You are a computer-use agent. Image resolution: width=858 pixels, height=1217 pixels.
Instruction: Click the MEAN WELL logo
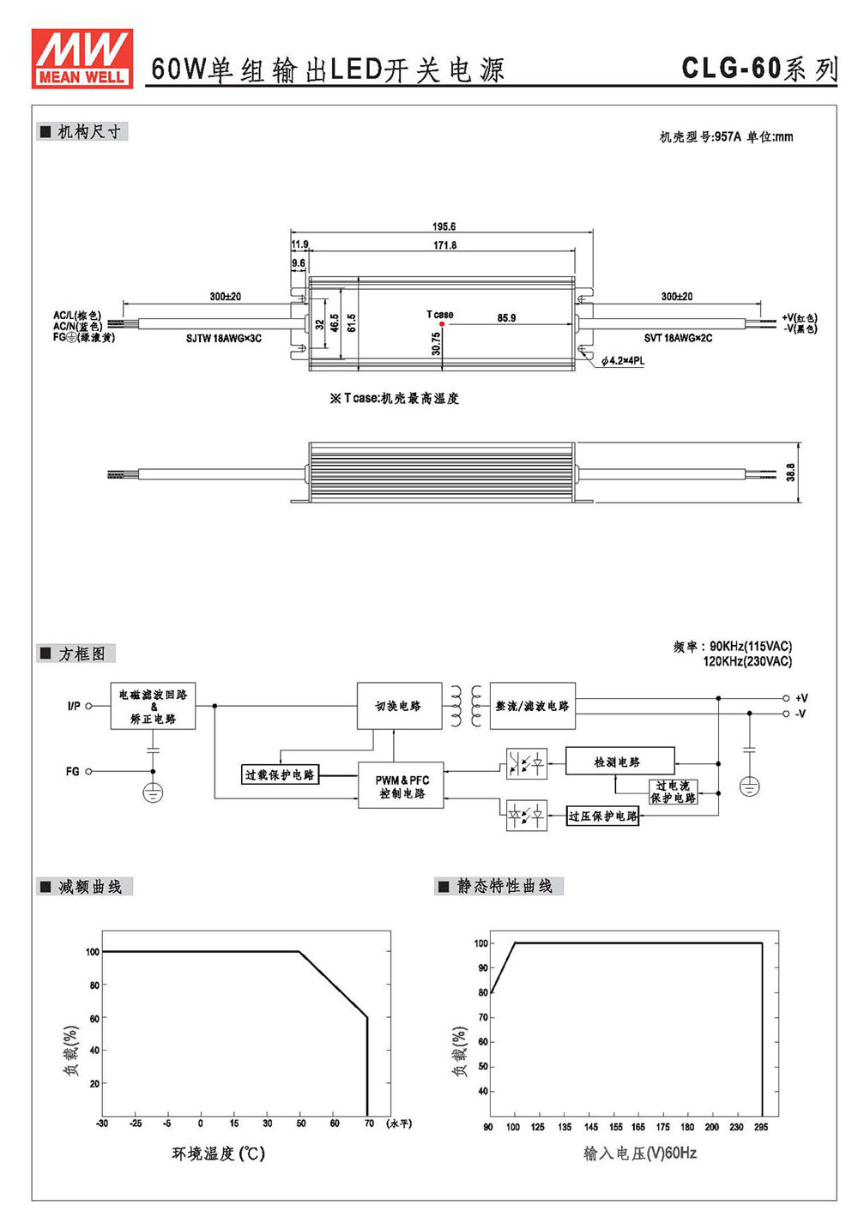tap(82, 58)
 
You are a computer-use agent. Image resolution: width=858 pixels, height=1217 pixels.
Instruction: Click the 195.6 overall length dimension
tap(444, 226)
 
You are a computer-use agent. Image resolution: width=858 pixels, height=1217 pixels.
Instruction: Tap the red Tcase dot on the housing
tap(442, 324)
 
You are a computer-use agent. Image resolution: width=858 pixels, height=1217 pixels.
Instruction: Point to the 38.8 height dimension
tap(789, 472)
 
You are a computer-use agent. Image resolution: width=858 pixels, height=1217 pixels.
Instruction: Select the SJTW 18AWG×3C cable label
tap(223, 338)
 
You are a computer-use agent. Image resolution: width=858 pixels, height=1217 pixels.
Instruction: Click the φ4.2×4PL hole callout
tap(623, 361)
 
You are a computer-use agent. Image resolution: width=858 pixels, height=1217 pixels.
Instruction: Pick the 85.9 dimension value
tap(506, 318)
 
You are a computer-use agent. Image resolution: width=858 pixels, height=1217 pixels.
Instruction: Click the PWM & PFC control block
tap(401, 786)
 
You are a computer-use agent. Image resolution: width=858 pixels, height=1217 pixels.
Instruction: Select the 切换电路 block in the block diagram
tap(399, 706)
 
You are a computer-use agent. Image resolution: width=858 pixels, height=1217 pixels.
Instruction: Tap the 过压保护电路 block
tap(602, 816)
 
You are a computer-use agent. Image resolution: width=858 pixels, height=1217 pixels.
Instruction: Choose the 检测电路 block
tap(620, 762)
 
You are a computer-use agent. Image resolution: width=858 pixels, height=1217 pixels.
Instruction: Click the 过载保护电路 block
tap(280, 774)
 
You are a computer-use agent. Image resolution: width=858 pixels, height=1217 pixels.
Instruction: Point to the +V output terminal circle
tap(785, 698)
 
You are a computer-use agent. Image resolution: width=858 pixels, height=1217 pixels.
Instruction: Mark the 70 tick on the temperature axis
tap(369, 1123)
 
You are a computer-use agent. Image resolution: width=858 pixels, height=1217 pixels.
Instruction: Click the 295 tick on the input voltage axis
tap(761, 1127)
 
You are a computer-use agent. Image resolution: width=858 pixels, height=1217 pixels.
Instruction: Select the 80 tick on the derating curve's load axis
tap(94, 985)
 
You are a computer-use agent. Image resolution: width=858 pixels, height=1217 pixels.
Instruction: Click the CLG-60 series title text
tap(759, 69)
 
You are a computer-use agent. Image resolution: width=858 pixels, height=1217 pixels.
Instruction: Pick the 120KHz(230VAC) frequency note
tap(747, 661)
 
